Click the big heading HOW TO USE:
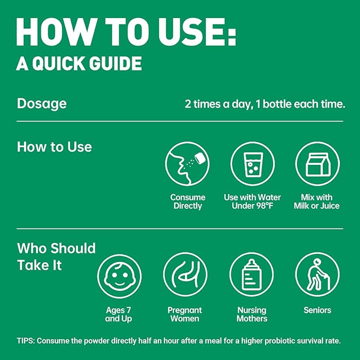pos(126,32)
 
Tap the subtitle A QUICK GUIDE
pos(79,64)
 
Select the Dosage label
pos(42,103)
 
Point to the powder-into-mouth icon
pos(187,164)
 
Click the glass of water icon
pos(252,164)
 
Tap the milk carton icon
pos(318,164)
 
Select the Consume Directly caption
pos(188,201)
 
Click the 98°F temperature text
pos(265,206)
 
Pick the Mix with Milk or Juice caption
pos(317,201)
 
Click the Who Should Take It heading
pos(56,257)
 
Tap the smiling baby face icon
pos(119,276)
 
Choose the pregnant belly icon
pos(185,275)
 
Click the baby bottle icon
pos(252,275)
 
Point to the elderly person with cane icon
pos(318,275)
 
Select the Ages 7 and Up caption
pos(118,314)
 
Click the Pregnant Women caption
pos(185,314)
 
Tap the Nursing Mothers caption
pos(252,314)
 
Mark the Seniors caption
pos(317,310)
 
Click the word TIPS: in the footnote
pos(25,341)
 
